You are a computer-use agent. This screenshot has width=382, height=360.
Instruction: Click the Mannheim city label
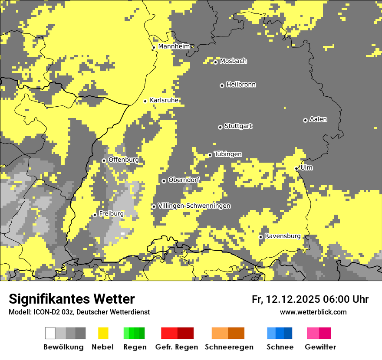174,46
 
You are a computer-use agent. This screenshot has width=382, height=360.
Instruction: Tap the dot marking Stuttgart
220,127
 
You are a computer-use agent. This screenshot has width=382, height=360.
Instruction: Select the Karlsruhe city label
164,100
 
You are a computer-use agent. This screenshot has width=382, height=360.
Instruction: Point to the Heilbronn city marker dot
222,85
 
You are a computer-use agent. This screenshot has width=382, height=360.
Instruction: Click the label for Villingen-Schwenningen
194,206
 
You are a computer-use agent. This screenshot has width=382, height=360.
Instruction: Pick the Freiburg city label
111,213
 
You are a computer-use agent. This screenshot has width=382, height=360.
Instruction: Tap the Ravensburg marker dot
261,237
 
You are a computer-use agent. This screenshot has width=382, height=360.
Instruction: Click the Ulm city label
306,167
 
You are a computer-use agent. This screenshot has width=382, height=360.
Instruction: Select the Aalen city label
318,119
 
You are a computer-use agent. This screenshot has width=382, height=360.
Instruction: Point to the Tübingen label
228,154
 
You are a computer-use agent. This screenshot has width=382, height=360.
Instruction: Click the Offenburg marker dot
104,160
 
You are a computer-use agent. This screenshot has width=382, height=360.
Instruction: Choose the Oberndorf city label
184,180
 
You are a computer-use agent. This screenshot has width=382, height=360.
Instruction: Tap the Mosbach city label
233,61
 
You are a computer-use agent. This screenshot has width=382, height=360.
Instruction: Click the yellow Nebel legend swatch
103,333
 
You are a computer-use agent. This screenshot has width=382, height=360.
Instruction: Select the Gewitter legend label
320,347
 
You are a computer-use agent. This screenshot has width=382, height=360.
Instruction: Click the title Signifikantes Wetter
72,299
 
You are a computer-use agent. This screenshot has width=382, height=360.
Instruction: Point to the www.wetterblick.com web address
313,312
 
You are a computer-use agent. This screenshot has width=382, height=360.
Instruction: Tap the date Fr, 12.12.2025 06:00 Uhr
310,299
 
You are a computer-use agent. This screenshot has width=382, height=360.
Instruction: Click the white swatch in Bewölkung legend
50,333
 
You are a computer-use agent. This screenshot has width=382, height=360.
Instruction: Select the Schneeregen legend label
229,347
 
